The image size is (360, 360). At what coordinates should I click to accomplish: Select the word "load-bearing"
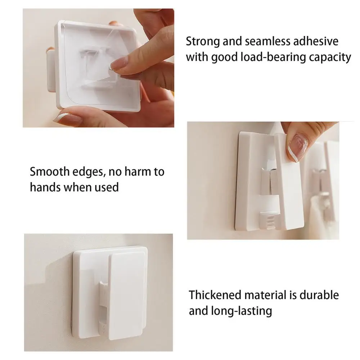pyautogui.click(x=273, y=57)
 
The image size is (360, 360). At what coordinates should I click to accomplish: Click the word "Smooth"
pyautogui.click(x=50, y=171)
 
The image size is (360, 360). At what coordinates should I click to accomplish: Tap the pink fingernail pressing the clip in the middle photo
pyautogui.click(x=298, y=148)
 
